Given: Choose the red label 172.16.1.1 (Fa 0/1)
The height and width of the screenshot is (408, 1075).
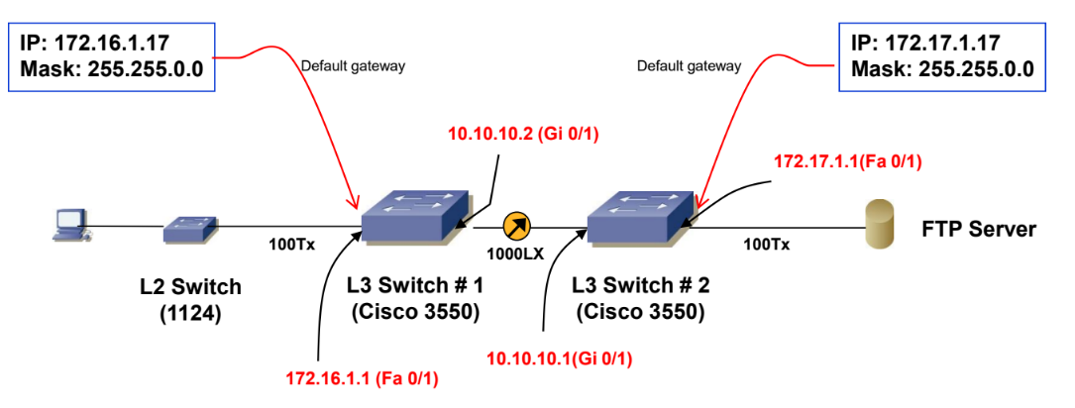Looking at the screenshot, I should pos(362,378).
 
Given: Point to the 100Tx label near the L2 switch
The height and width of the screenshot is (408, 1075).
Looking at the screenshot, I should pos(288,245).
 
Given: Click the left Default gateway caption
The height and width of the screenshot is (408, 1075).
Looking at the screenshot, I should pos(354,66).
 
